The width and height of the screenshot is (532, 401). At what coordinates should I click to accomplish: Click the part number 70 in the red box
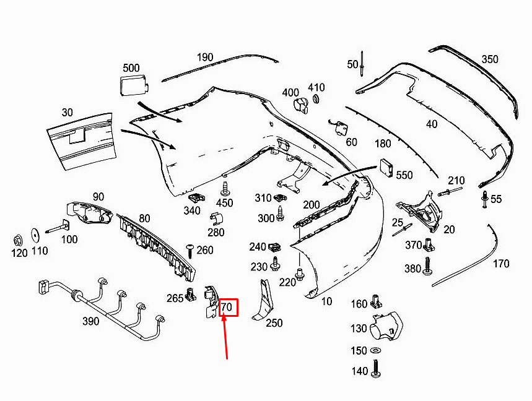coord(227,307)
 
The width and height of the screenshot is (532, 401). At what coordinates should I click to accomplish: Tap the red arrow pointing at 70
coord(225,337)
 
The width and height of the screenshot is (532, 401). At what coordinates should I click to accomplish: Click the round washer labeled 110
coord(35,235)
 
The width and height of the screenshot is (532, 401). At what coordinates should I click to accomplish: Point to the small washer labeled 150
coord(375,350)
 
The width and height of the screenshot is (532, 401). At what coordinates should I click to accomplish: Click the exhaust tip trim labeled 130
coord(385,326)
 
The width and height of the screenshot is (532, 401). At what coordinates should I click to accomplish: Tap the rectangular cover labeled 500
coord(134,85)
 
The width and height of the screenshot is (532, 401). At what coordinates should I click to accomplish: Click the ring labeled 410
coord(316,99)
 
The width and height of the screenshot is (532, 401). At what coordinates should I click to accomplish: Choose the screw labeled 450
coord(225,189)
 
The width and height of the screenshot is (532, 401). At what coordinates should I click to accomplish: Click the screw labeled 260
coord(190,251)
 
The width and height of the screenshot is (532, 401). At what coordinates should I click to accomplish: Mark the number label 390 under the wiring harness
coord(91,321)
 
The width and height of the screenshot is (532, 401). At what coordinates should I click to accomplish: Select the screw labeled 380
coord(427,265)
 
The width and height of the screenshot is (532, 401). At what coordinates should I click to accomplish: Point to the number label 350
coord(490,59)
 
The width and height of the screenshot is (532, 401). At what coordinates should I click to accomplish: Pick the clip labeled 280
coord(216,219)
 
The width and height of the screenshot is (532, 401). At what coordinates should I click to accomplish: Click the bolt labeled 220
coord(300,274)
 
